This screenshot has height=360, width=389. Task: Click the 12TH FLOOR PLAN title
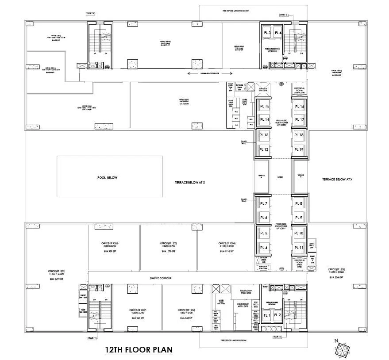pos(138,349)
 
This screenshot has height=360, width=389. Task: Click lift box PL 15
pos(264,107)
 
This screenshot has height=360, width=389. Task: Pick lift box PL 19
pos(299,149)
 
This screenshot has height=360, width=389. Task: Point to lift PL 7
pos(264,203)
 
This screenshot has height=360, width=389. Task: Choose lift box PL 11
pos(299,247)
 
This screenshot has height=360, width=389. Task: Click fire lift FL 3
pos(267,33)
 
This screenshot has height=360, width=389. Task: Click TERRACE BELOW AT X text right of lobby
pos(337,179)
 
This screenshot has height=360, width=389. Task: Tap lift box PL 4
pos(264,247)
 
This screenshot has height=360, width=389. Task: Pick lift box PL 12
pos(264,149)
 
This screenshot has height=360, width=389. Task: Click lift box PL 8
pos(299,203)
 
